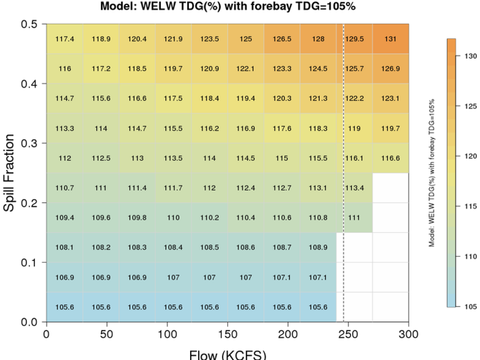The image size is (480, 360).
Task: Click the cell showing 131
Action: coord(391,39)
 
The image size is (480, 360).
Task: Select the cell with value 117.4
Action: coord(64,39)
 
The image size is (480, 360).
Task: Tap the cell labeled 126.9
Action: coord(391,68)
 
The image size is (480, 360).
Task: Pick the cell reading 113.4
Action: coord(354,188)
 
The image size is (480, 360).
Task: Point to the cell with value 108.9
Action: coord(318,247)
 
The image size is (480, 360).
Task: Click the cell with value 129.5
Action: coord(354,39)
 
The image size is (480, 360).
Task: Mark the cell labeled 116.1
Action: coord(354,158)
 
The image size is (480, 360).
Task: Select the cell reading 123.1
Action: coord(391,98)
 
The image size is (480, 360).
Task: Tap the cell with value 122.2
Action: coord(354,98)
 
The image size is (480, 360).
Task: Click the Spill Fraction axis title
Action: coord(10,173)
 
